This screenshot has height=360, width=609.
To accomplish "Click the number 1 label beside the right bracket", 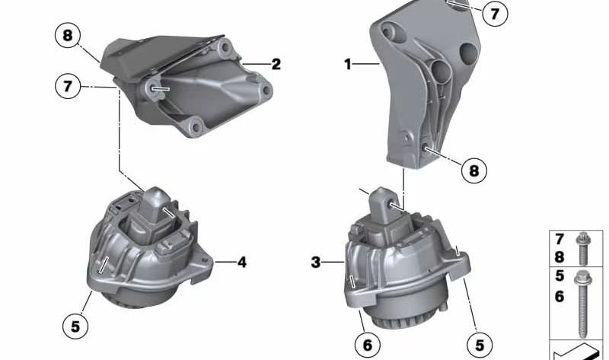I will point(348,65).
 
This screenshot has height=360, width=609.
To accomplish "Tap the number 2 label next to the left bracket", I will point(276,65).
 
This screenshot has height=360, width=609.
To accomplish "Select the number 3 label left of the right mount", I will point(316,263).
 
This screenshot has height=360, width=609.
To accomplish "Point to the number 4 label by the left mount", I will point(241,263).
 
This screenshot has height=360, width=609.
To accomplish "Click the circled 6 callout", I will point(367,345).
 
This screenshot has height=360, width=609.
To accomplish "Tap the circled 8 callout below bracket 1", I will point(473,171).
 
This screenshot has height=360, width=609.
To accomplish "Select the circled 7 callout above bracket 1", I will point(495,14).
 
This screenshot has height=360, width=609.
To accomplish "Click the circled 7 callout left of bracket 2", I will point(67,87).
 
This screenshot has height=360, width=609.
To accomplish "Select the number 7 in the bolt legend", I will point(560,240).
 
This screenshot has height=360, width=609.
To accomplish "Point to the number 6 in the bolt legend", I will point(560,296).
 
